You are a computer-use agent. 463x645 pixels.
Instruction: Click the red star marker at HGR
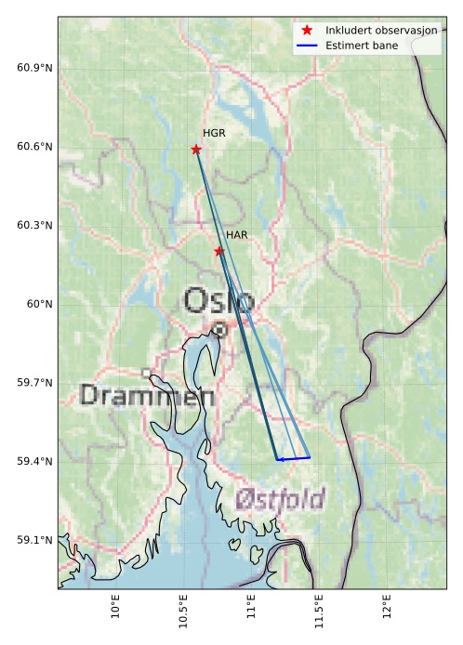(196, 150)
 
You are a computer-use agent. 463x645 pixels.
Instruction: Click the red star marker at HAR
(219, 252)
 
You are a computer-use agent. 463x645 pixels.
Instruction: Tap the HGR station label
(214, 134)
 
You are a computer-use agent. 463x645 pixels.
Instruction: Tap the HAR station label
(236, 235)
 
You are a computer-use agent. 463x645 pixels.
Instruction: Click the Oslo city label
(218, 301)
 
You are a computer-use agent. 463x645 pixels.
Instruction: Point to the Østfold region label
(280, 500)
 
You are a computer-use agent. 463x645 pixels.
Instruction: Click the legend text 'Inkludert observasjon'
(381, 31)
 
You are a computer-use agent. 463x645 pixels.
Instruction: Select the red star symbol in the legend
(308, 31)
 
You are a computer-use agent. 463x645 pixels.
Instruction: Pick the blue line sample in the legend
(308, 45)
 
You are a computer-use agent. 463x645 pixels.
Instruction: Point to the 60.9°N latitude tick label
(34, 69)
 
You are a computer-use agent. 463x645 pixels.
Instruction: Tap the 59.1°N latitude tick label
(34, 540)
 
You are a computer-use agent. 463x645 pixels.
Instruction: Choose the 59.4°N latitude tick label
(34, 462)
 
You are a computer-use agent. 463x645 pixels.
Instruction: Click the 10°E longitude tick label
(115, 609)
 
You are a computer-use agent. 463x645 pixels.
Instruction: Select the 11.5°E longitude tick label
(319, 612)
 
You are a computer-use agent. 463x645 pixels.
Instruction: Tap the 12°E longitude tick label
(387, 609)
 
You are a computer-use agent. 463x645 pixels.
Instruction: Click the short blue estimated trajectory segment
(293, 459)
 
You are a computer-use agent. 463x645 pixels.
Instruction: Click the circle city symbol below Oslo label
(219, 329)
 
